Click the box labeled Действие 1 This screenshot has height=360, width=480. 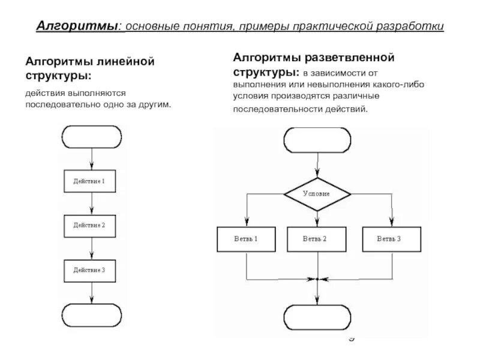[89, 181]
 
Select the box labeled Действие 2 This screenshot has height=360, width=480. [89, 225]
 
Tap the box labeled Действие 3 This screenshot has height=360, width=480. [89, 270]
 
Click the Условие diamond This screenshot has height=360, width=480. [316, 194]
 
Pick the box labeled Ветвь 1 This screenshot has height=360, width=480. [246, 239]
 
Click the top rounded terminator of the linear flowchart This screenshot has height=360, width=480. [91, 137]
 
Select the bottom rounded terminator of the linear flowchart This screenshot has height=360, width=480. [91, 315]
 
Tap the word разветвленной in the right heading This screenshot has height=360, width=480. [349, 59]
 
